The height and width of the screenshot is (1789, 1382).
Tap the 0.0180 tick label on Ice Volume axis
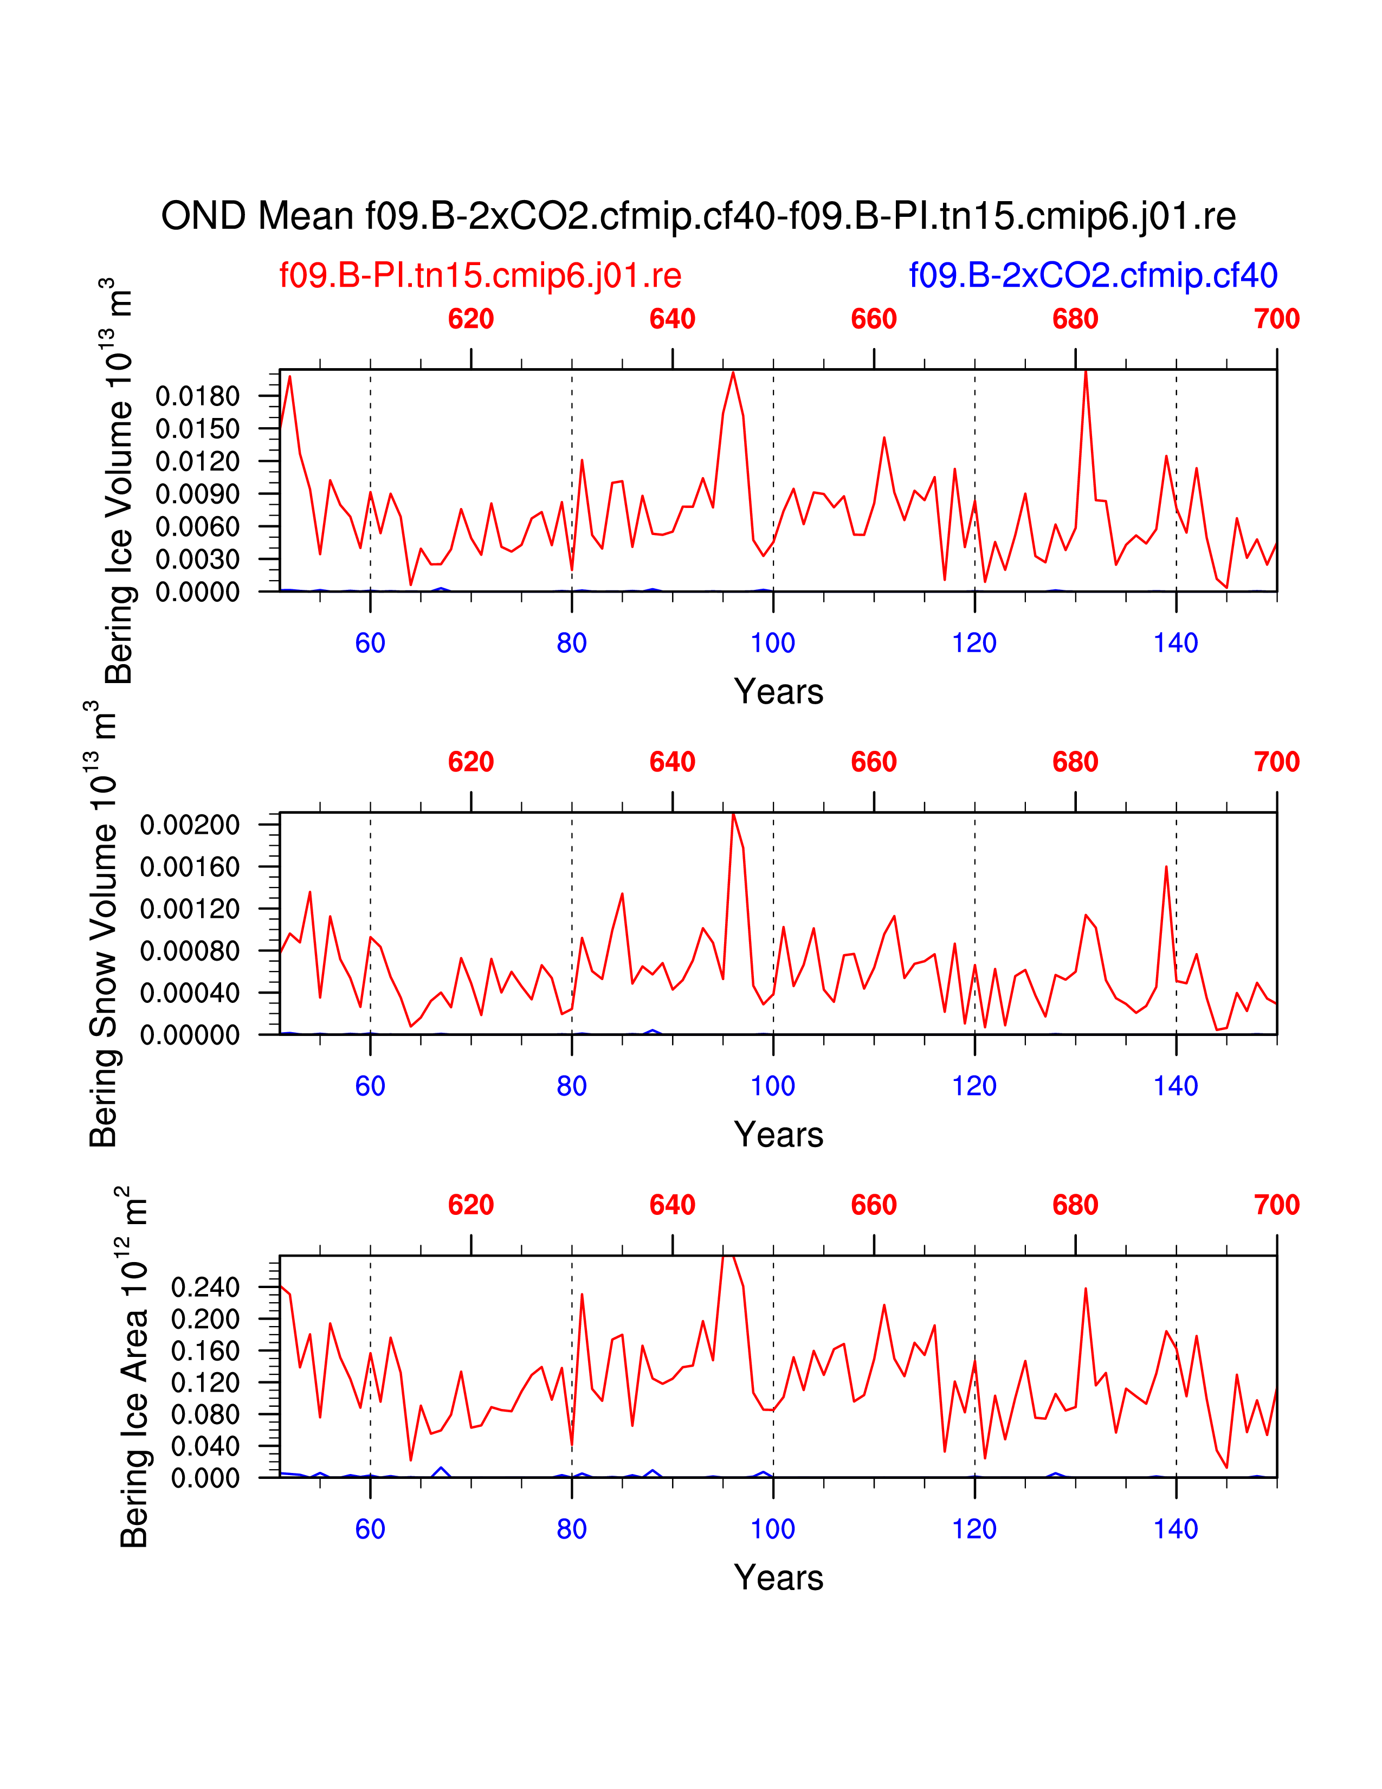point(197,396)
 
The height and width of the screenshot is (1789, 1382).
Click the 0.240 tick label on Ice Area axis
point(205,1287)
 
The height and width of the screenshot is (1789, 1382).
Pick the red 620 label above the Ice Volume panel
point(471,319)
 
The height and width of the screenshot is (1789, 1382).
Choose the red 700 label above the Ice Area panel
point(1276,1205)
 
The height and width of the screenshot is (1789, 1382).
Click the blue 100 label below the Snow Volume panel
point(772,1086)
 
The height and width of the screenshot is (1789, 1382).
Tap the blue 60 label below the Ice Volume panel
point(370,643)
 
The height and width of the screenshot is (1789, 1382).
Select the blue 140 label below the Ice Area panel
point(1175,1529)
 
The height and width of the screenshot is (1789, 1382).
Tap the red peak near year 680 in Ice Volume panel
point(1085,373)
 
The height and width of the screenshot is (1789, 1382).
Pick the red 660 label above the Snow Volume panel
point(874,762)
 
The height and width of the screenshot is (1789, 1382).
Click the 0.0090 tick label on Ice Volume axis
point(197,494)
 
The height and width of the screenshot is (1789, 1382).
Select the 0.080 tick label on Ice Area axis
point(205,1414)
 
